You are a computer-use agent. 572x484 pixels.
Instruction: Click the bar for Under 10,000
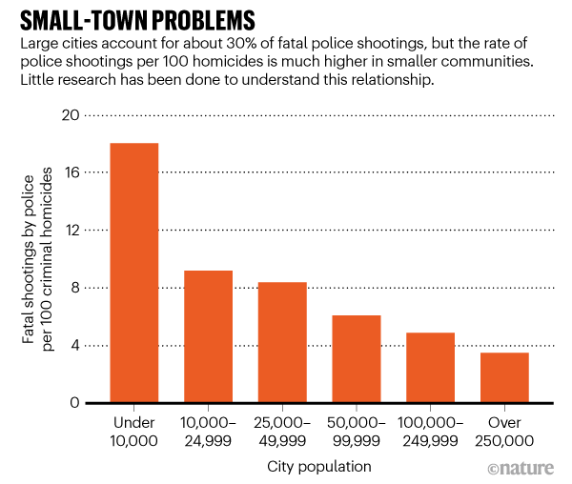coord(134,273)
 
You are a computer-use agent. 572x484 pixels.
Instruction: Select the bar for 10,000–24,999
coord(209,336)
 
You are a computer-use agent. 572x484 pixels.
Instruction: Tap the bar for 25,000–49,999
coord(282,342)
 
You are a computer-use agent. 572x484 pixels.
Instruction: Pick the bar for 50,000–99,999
coord(357,358)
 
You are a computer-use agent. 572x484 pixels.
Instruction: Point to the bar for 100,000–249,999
coord(431,368)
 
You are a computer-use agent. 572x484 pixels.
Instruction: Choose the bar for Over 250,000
coord(504,377)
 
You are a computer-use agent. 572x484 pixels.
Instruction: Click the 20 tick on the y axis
coord(69,115)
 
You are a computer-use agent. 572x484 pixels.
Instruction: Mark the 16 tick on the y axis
coord(70,172)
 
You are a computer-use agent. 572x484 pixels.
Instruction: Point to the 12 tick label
coord(70,231)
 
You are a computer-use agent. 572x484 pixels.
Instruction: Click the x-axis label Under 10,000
coord(134,431)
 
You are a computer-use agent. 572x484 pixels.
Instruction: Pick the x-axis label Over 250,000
coord(504,431)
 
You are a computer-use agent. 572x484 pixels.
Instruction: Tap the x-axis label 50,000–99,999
coord(357,431)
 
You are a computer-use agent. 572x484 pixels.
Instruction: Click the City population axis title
coord(319,466)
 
